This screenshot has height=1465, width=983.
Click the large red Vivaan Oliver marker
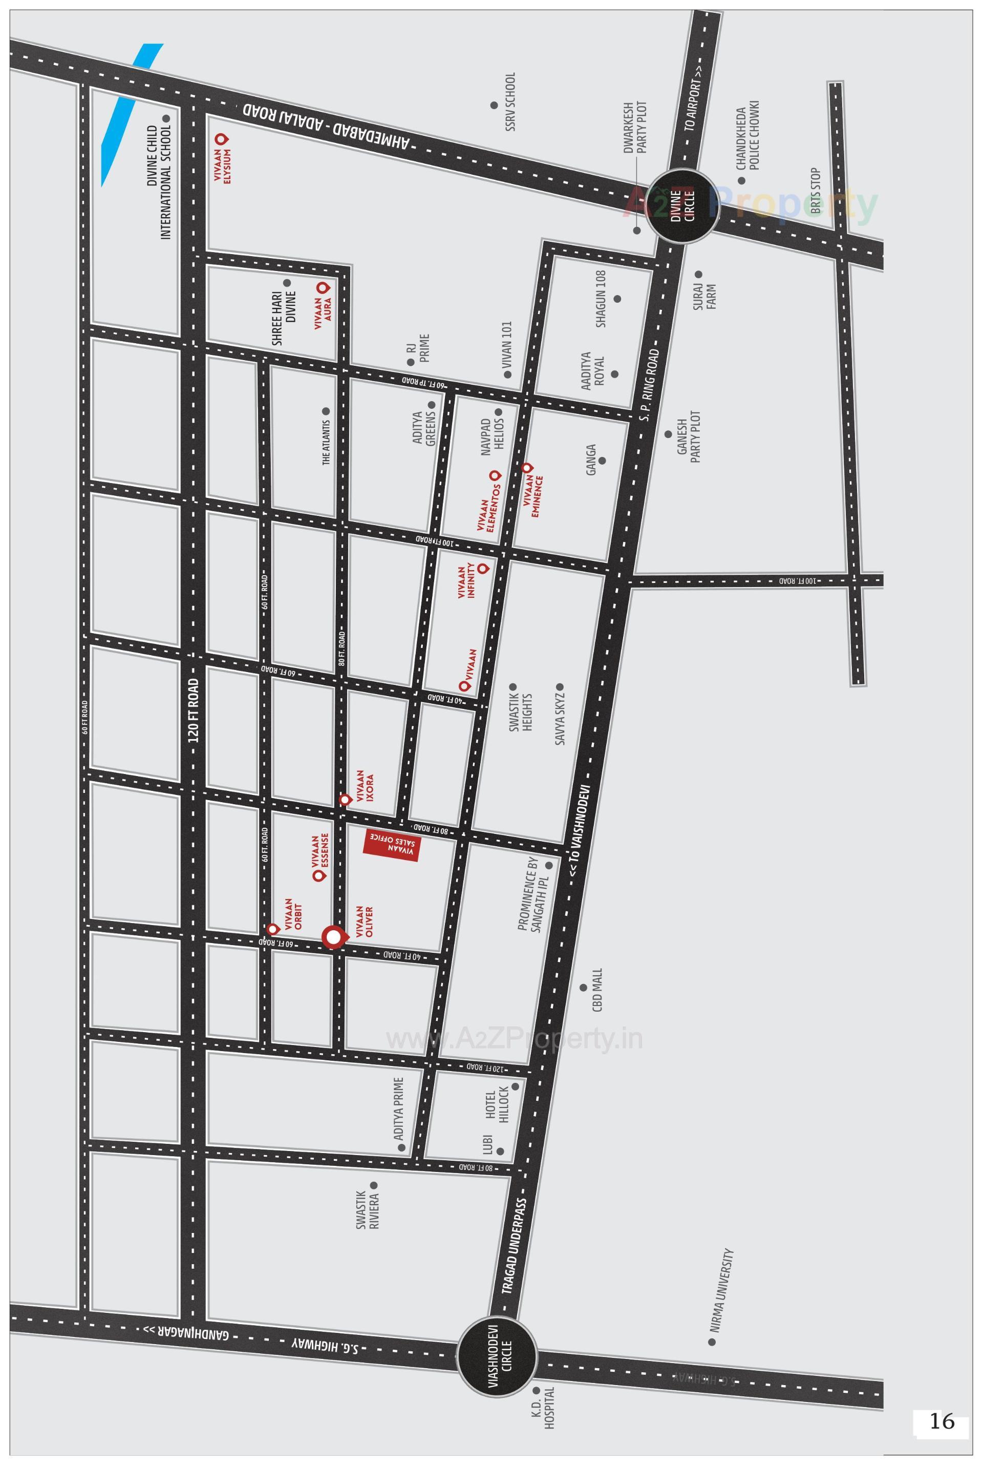(334, 937)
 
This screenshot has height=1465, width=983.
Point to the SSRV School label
(510, 101)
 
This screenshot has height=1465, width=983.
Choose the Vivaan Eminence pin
(527, 467)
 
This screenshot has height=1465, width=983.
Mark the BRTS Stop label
(815, 191)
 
